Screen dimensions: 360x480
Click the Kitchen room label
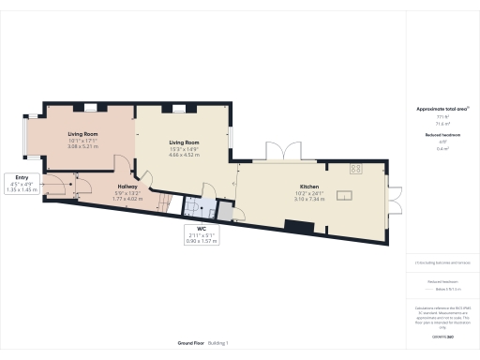pyautogui.click(x=309, y=187)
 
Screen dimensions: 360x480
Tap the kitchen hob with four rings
pyautogui.click(x=356, y=169)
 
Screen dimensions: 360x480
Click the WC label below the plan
pyautogui.click(x=201, y=228)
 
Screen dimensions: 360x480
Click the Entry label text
pyautogui.click(x=20, y=177)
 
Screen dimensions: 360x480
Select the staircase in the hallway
pyautogui.click(x=163, y=202)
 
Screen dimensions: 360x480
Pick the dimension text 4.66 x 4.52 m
pyautogui.click(x=184, y=155)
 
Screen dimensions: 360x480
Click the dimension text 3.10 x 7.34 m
pyautogui.click(x=309, y=199)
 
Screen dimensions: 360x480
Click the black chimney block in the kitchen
pyautogui.click(x=299, y=226)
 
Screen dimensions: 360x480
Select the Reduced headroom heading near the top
pyautogui.click(x=442, y=135)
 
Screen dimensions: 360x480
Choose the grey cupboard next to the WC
pyautogui.click(x=225, y=209)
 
